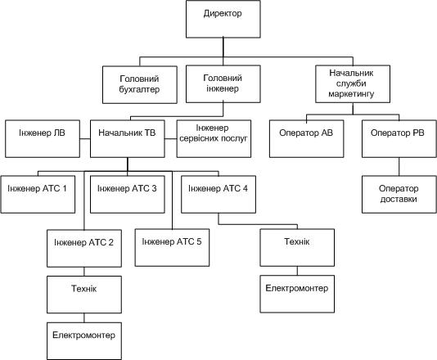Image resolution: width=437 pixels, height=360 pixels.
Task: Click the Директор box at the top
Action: (223, 19)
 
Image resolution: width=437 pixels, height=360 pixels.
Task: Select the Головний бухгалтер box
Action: (140, 85)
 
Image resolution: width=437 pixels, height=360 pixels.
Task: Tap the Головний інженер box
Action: (223, 84)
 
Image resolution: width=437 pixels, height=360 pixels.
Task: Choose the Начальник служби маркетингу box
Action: (353, 84)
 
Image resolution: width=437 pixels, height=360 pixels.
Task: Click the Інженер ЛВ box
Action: (43, 139)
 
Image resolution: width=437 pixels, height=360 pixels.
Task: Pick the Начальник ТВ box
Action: (128, 139)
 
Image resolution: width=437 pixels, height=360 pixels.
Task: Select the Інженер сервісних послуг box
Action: (214, 139)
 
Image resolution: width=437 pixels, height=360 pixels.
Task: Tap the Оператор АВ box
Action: (307, 139)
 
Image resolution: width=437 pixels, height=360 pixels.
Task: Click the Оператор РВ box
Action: (399, 139)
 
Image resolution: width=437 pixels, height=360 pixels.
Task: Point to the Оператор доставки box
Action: (399, 195)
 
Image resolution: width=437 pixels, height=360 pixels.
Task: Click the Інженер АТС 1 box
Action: (38, 195)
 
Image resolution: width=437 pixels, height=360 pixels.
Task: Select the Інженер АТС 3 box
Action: (128, 195)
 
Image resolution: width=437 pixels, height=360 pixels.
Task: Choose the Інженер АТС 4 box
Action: (218, 195)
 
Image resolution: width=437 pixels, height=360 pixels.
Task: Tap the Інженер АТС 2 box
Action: (84, 249)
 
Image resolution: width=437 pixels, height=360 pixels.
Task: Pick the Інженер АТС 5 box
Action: (172, 248)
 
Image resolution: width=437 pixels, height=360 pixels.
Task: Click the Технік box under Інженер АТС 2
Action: (84, 295)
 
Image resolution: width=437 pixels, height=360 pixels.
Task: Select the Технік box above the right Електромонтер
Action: (297, 248)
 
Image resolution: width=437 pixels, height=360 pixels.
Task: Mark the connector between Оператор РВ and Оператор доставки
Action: (399, 167)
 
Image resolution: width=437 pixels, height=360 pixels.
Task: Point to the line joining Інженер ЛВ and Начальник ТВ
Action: (85, 139)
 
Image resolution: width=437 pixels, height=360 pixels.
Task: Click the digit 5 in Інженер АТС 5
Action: (199, 241)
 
